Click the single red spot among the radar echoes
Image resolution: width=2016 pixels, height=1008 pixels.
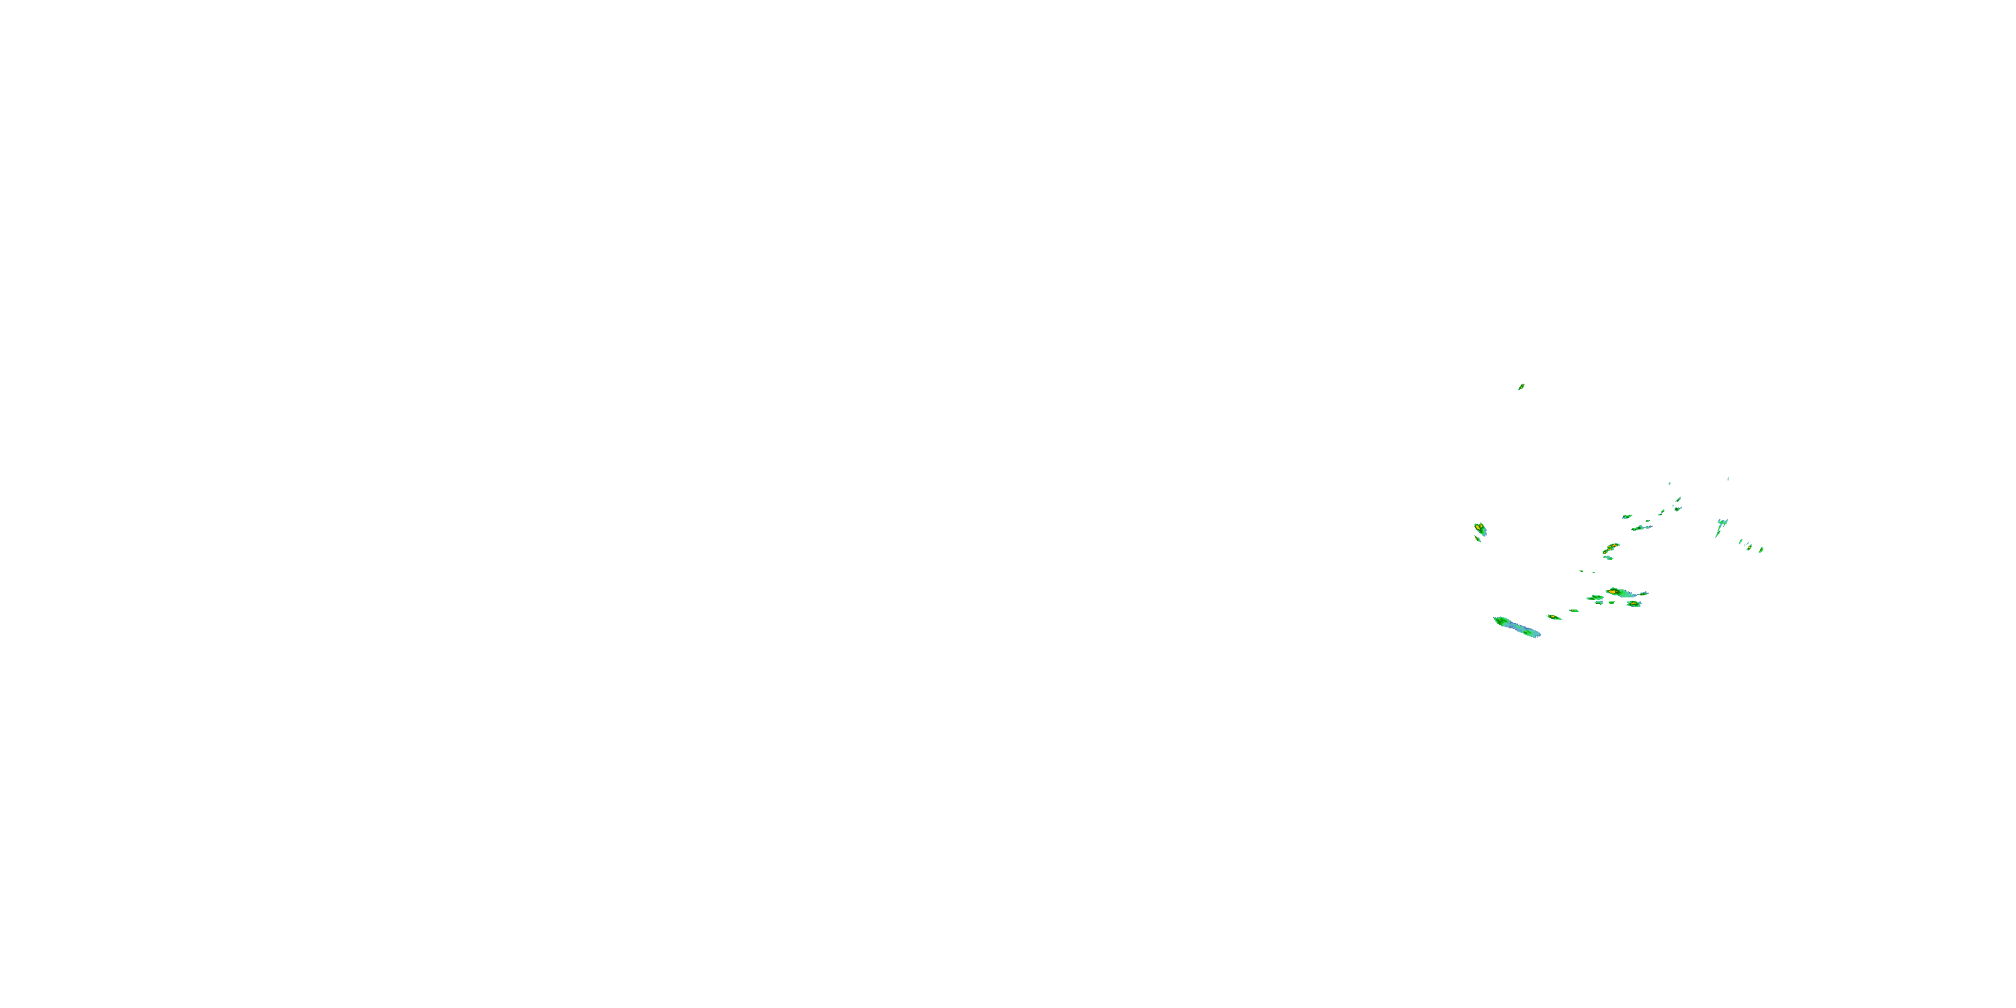pyautogui.click(x=1615, y=546)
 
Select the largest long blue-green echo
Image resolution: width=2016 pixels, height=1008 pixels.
pyautogui.click(x=1517, y=627)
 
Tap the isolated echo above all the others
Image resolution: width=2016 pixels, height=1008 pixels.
pyautogui.click(x=1521, y=386)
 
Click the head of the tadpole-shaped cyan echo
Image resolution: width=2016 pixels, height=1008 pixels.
pyautogui.click(x=1722, y=523)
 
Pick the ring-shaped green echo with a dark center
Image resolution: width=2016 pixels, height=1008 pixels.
pyautogui.click(x=1677, y=509)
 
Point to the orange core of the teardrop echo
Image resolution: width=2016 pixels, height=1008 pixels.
pyautogui.click(x=1612, y=593)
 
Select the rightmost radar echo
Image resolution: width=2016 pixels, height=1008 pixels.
pyautogui.click(x=1762, y=550)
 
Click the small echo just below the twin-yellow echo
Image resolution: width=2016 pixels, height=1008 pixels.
pyautogui.click(x=1478, y=539)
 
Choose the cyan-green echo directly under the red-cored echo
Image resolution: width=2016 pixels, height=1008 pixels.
pyautogui.click(x=1608, y=558)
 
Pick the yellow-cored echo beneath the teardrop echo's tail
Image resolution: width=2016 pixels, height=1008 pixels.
pyautogui.click(x=1634, y=604)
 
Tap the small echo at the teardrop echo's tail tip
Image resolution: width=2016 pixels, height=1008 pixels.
pyautogui.click(x=1644, y=594)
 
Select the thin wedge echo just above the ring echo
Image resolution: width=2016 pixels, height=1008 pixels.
pyautogui.click(x=1679, y=499)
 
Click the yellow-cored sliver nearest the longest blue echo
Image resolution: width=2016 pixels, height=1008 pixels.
pyautogui.click(x=1554, y=618)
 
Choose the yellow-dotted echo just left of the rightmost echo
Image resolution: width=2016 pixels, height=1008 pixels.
pyautogui.click(x=1750, y=547)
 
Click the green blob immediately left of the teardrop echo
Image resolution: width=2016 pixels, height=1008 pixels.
pyautogui.click(x=1597, y=598)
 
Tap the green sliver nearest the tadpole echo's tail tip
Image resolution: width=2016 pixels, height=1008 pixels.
pyautogui.click(x=1740, y=542)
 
